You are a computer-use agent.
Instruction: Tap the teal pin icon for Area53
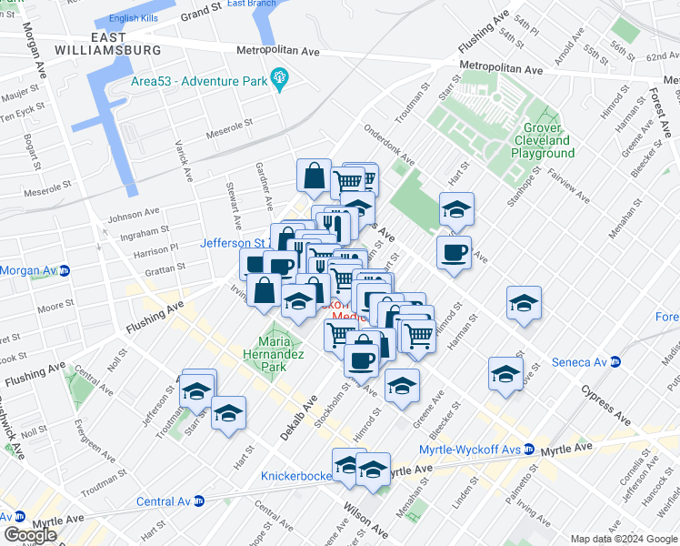279,80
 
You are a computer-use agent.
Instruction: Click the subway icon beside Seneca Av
615,361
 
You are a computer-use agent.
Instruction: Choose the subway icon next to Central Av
198,500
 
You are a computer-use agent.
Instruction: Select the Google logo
30,535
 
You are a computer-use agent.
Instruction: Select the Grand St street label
201,14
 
